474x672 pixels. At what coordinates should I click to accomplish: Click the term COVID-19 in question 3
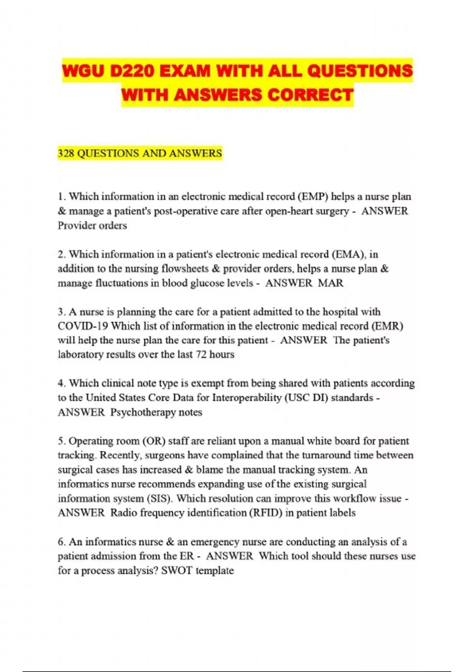(x=83, y=326)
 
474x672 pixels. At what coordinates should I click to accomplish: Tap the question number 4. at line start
(x=62, y=383)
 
